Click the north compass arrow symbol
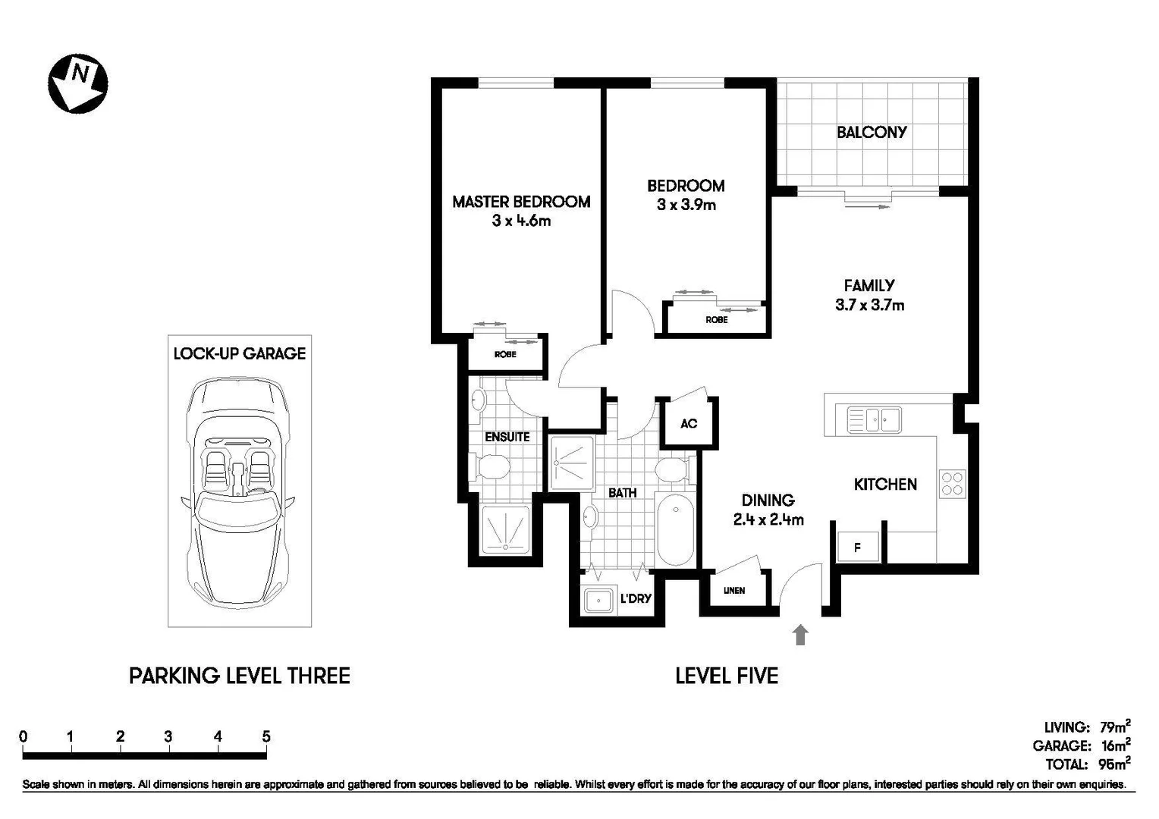pyautogui.click(x=77, y=83)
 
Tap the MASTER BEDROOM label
pyautogui.click(x=521, y=202)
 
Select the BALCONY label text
pyautogui.click(x=872, y=132)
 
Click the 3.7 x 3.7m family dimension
pyautogui.click(x=869, y=306)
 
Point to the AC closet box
pyautogui.click(x=688, y=423)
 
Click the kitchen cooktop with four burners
pyautogui.click(x=952, y=484)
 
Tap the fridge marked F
pyautogui.click(x=858, y=547)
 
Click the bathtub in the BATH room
pyautogui.click(x=675, y=529)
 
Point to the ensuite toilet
pyautogui.click(x=489, y=466)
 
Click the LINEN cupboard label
pyautogui.click(x=733, y=590)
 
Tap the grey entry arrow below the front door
pyautogui.click(x=799, y=635)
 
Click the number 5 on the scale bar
pyautogui.click(x=265, y=736)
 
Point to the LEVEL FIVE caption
pyautogui.click(x=727, y=676)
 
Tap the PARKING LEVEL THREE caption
pyautogui.click(x=239, y=676)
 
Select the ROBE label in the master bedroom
pyautogui.click(x=505, y=354)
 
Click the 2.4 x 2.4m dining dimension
pyautogui.click(x=768, y=520)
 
